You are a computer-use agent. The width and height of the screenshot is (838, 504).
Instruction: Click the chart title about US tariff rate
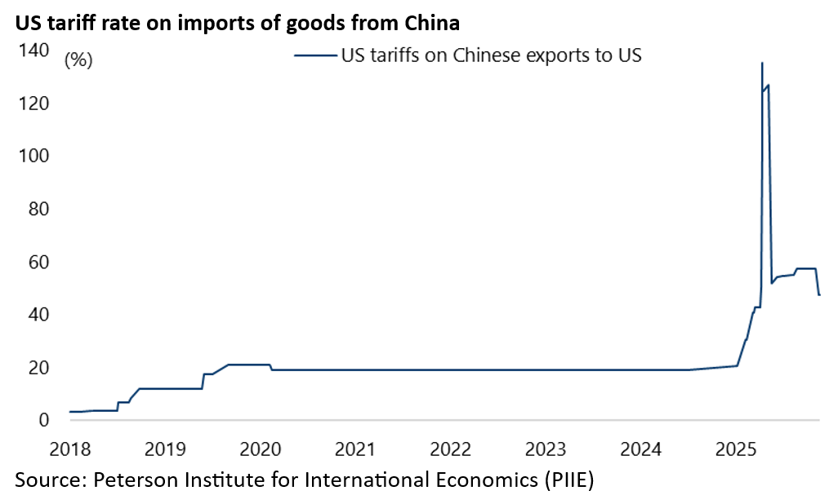coord(236,24)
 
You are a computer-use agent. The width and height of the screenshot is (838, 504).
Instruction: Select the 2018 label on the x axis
coord(69,449)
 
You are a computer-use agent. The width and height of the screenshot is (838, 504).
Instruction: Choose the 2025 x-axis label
coord(735,449)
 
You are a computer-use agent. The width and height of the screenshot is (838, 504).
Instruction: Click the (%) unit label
coord(78,60)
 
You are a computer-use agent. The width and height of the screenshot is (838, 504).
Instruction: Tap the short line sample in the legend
coord(314,56)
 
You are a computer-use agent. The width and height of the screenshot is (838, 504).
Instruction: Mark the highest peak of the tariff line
coord(762,63)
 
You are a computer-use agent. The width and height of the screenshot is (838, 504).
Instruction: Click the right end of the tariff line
coord(819,294)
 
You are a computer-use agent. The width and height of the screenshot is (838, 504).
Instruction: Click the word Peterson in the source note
coord(136,480)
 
